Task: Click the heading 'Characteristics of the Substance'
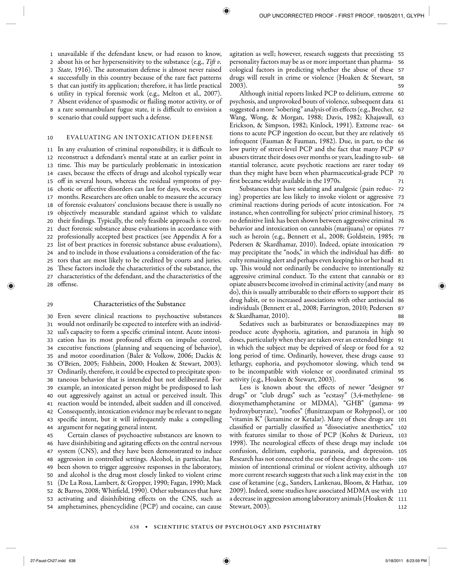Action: pyautogui.click(x=140, y=304)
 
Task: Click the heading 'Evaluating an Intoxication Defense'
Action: pyautogui.click(x=140, y=137)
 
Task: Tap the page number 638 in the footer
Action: pyautogui.click(x=134, y=527)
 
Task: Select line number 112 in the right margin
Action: pyautogui.click(x=402, y=507)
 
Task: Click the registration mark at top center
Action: pyautogui.click(x=226, y=11)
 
